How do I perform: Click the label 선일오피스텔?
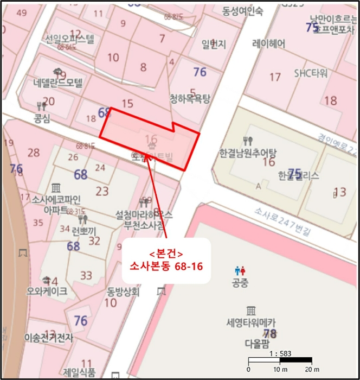70,39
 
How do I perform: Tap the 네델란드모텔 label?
58,83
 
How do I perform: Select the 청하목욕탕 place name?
189,99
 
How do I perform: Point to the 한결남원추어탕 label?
248,153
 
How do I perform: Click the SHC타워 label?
311,73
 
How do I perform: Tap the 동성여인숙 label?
242,10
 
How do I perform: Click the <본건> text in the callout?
163,254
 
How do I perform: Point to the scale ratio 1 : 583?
280,353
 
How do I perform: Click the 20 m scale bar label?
311,370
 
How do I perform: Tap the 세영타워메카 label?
251,322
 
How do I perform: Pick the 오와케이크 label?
47,292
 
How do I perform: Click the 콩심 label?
42,118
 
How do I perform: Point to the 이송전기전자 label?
48,338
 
